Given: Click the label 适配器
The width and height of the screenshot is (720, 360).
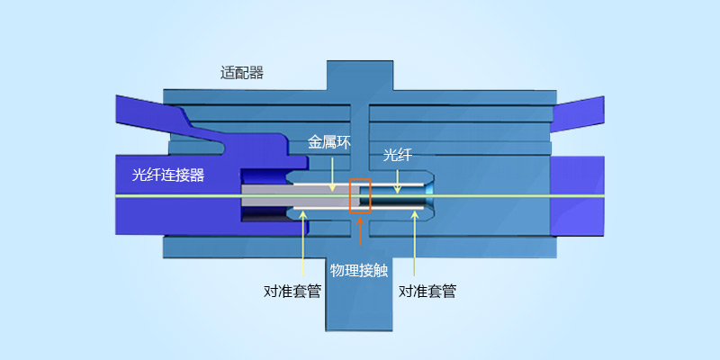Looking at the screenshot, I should point(241,73).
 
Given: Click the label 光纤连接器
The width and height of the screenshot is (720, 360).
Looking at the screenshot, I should point(168,175).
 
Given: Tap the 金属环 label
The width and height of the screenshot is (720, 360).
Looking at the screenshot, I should point(328,141).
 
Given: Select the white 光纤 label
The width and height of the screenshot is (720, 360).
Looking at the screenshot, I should point(397,155).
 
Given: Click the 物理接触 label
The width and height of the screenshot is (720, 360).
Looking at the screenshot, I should point(359,270).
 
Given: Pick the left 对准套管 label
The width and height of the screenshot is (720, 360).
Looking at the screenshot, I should point(292,291).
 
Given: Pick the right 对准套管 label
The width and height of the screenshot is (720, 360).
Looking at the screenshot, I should point(427,291).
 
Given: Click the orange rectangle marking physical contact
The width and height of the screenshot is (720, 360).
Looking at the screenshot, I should point(360,197).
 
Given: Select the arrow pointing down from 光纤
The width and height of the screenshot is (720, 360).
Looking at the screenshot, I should point(397,178).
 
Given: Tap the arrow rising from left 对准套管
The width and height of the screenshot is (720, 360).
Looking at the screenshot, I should point(303,243).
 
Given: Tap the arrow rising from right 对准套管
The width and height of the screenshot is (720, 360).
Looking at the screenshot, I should point(414,243).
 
